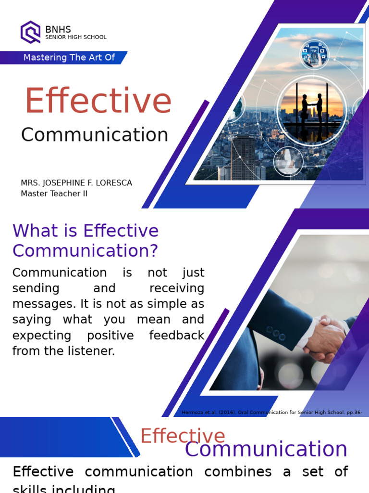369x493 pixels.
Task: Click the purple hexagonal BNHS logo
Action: click(30, 32)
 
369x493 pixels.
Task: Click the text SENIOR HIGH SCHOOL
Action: click(76, 37)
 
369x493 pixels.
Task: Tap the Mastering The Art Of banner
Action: click(69, 57)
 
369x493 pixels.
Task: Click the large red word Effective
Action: click(98, 101)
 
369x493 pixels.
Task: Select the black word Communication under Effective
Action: click(95, 135)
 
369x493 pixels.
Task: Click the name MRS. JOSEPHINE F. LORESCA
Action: click(76, 183)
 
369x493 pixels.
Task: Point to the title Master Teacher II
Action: click(54, 194)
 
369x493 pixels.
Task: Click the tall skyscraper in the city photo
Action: click(243, 156)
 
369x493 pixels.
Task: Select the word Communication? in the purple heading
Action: click(85, 251)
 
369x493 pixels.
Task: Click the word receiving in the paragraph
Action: click(176, 288)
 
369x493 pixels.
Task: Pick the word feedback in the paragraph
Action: click(177, 335)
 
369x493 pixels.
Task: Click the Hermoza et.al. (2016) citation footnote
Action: click(271, 412)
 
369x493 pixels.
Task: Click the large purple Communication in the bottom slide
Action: click(266, 449)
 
